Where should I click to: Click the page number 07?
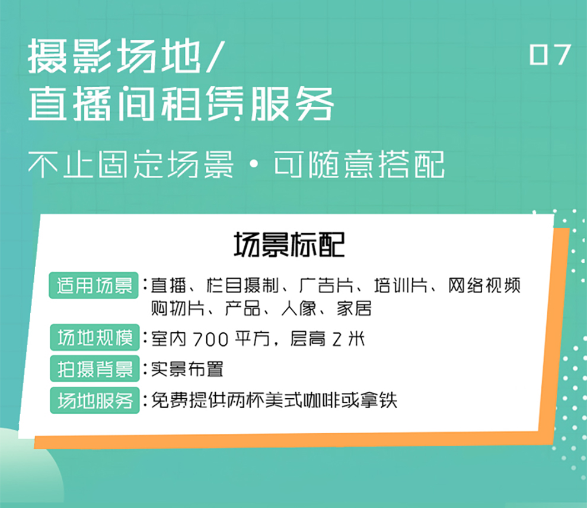(550, 55)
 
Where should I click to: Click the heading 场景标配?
(289, 245)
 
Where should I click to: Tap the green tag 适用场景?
(94, 285)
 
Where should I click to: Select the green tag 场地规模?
(95, 337)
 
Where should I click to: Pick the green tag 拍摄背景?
(95, 369)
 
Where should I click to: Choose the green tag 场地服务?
(95, 401)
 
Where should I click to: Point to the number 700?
(210, 339)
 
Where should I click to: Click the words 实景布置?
(187, 369)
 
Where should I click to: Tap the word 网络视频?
(484, 285)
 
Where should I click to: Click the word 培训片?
(401, 285)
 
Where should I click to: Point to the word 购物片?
(177, 309)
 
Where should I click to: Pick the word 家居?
(354, 309)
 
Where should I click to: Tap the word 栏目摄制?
(243, 285)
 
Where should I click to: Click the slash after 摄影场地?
(215, 56)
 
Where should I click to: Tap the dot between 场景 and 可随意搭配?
(253, 165)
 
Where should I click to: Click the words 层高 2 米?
(327, 339)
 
